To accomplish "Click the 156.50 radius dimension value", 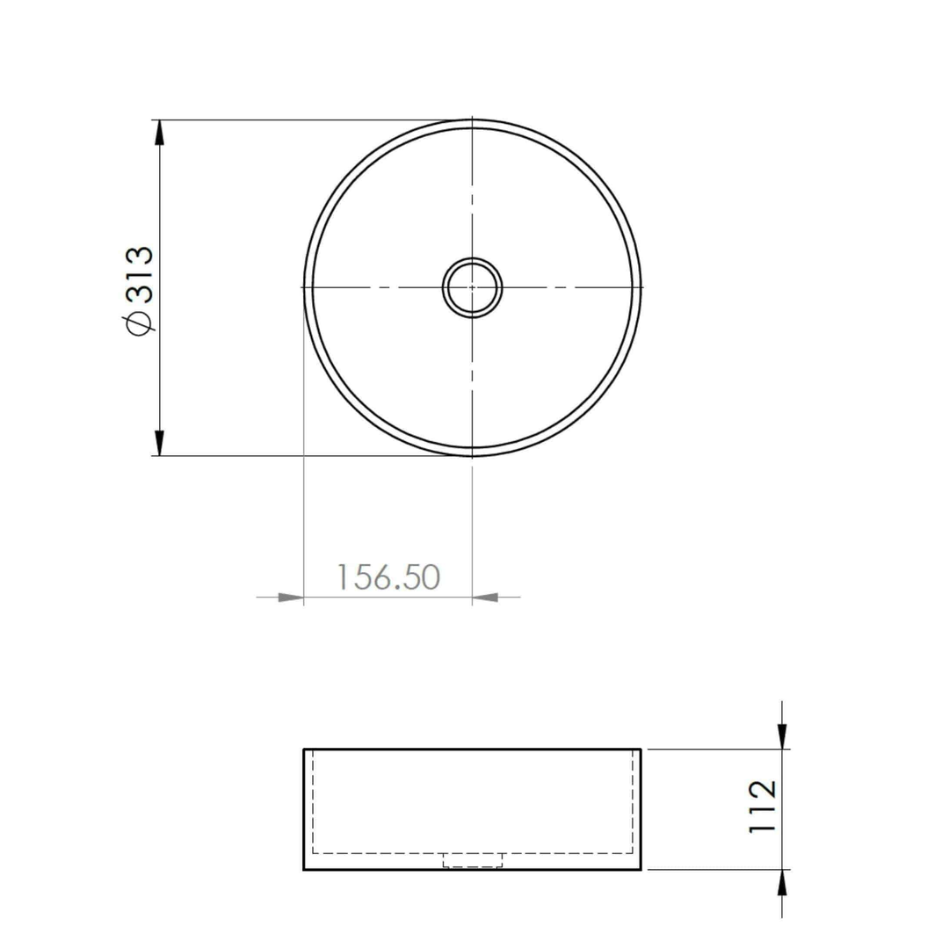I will (388, 577).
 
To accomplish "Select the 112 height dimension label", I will (762, 806).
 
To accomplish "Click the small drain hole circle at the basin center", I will (473, 286).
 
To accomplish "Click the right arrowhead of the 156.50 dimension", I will (485, 598).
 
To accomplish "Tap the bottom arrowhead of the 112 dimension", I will (782, 882).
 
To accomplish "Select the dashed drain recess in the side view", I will (473, 860).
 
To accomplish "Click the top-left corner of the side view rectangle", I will (304, 750).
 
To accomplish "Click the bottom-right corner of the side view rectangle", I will (641, 870).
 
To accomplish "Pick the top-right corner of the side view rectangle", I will (641, 750).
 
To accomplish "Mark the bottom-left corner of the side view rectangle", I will (304, 870).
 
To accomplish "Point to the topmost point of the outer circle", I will (473, 120).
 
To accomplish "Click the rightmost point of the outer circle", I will (641, 287).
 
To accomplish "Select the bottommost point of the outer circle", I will (473, 455).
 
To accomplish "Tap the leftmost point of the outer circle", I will (305, 287).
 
